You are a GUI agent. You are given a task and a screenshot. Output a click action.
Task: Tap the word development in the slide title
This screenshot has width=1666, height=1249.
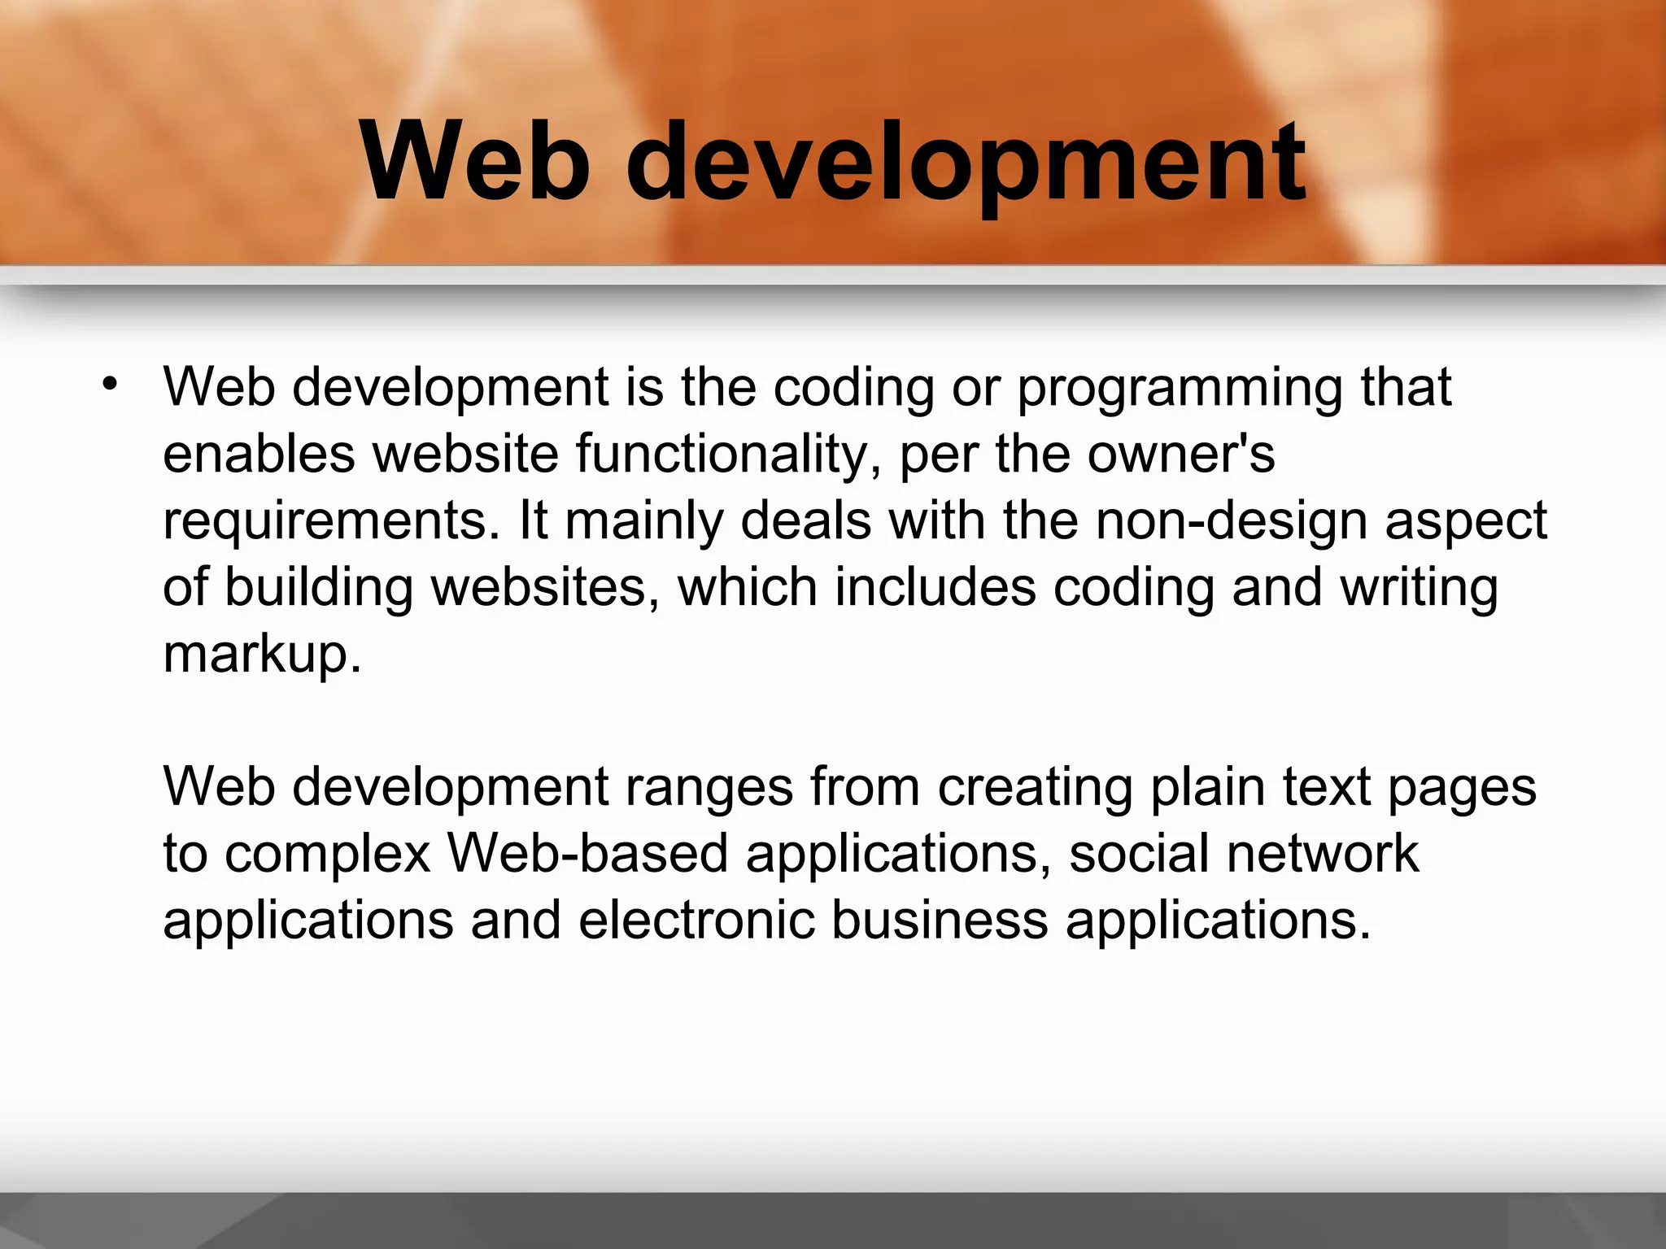pos(966,163)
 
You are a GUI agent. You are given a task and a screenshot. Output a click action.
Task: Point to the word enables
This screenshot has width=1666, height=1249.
pos(259,454)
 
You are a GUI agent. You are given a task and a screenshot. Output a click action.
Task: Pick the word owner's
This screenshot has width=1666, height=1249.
pos(1181,454)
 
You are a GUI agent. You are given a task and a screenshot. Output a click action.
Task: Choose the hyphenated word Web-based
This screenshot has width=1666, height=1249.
pos(587,854)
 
